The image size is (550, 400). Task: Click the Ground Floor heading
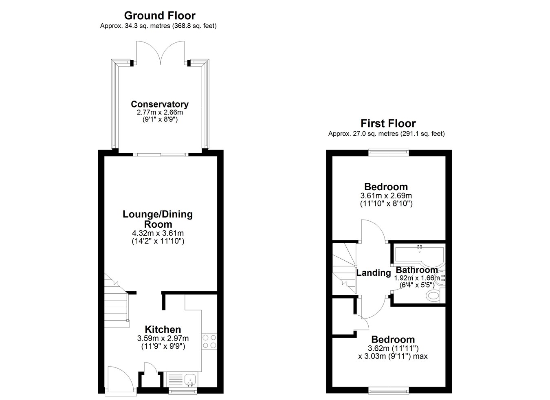click(160, 16)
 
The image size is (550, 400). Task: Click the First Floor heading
click(388, 123)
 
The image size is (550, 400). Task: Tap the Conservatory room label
click(160, 104)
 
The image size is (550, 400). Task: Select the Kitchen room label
click(163, 329)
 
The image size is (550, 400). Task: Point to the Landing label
click(374, 273)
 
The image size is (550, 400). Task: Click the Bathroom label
click(417, 270)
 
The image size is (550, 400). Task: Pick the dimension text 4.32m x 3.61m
click(158, 233)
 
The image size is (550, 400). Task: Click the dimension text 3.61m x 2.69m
click(386, 196)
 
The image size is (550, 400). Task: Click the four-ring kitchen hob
click(209, 342)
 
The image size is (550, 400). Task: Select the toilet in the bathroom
click(436, 295)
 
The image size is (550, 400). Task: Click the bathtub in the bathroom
click(419, 255)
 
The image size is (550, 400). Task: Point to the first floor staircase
click(344, 268)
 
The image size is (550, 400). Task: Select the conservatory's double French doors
click(161, 53)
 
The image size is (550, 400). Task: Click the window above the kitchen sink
click(183, 391)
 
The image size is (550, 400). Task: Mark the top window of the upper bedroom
click(389, 152)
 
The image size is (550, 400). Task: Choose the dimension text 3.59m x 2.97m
click(163, 338)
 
